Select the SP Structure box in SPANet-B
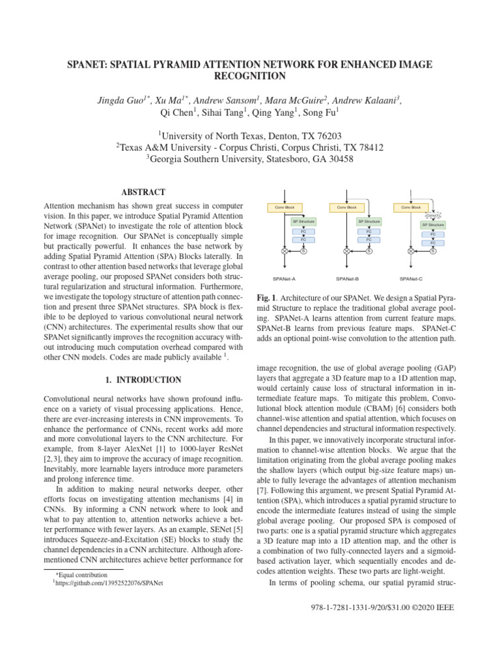[368, 222]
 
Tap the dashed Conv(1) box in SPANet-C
[433, 215]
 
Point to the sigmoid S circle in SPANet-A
[304, 251]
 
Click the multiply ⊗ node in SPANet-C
[411, 251]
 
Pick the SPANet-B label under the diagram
[346, 278]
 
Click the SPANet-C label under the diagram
[411, 278]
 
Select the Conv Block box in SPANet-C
[411, 207]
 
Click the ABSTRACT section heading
[143, 192]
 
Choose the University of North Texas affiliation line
[249, 135]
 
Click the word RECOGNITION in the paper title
[249, 76]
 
